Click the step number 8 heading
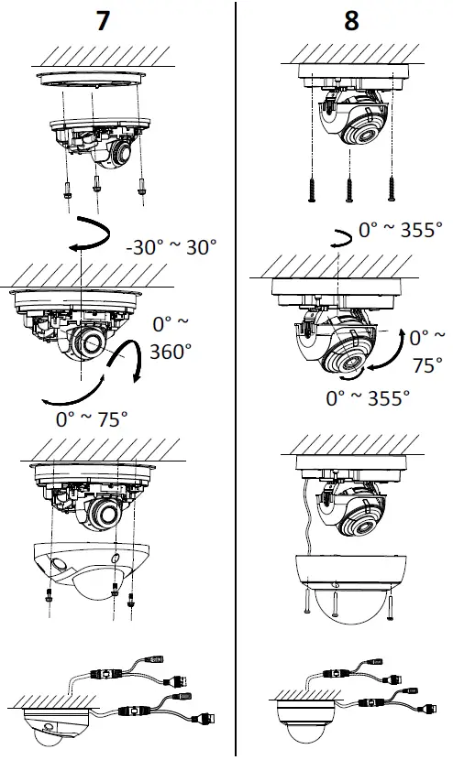351,22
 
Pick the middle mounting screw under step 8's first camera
348,189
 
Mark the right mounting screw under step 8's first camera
391,189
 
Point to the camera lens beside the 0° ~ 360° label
92,346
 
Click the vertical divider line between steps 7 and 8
236,380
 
